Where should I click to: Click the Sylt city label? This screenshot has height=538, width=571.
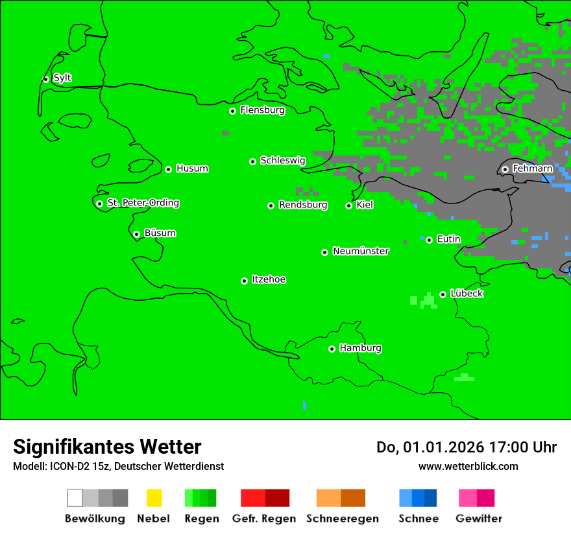click(62, 78)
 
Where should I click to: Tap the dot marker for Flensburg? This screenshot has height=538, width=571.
click(232, 111)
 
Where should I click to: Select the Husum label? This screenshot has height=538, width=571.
click(192, 169)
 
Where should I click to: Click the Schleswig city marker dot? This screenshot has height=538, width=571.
click(252, 161)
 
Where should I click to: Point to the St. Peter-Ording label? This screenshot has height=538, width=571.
click(143, 203)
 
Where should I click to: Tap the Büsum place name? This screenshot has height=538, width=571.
click(160, 233)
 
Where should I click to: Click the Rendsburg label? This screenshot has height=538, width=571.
click(303, 205)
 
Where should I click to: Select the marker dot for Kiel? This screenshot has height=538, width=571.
click(348, 205)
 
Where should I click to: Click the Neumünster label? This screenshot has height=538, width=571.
click(361, 251)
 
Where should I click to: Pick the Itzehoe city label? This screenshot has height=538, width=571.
click(269, 279)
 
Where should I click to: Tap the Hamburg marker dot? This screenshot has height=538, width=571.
click(332, 349)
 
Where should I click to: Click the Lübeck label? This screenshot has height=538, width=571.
click(467, 294)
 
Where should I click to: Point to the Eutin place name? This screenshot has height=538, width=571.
click(448, 239)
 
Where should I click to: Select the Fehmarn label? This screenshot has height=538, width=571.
click(532, 169)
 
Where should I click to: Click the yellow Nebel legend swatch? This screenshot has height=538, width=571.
click(154, 498)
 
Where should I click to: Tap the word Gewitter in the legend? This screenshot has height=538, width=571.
click(478, 519)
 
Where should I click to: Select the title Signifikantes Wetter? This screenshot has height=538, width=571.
click(107, 447)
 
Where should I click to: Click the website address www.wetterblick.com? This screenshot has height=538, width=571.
click(468, 466)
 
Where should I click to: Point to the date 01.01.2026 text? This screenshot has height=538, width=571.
click(443, 447)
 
